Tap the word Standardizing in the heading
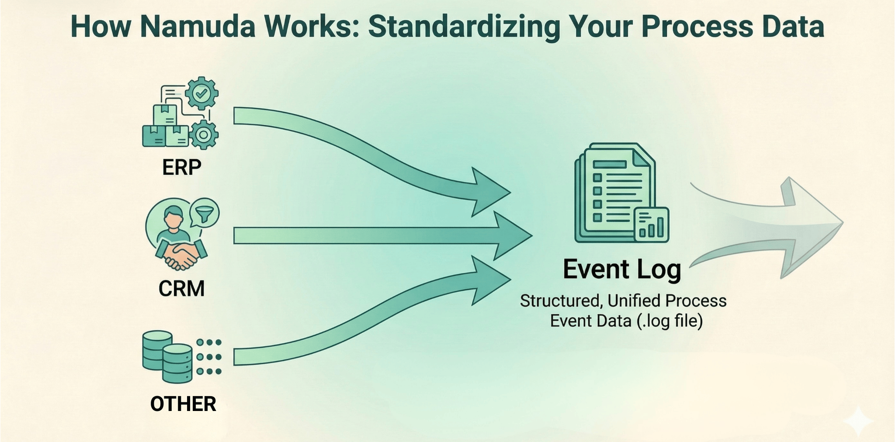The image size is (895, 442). click(464, 27)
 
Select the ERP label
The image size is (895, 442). click(181, 167)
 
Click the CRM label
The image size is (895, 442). click(181, 289)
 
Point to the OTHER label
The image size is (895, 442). click(183, 404)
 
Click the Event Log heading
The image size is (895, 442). click(622, 269)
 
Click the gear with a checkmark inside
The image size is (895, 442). click(201, 93)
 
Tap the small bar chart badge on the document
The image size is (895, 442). click(651, 225)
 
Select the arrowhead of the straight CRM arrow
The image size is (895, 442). click(511, 236)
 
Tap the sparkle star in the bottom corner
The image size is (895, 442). click(858, 421)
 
